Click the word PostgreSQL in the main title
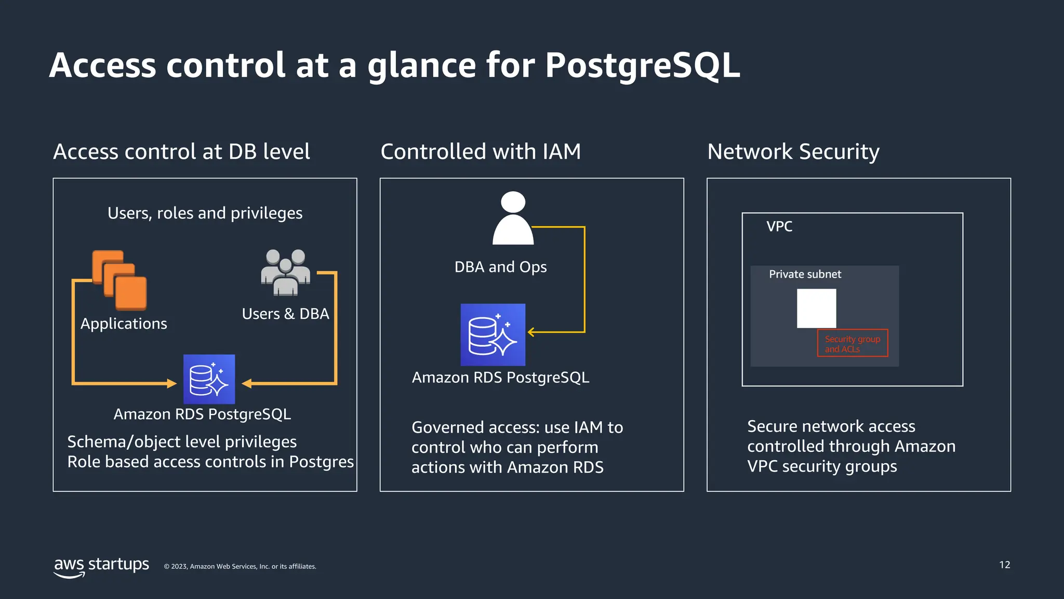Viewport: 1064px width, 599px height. tap(642, 66)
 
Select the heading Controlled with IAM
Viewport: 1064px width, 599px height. tap(481, 152)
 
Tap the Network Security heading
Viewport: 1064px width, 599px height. tap(793, 152)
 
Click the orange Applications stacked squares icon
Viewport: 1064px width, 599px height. tap(119, 280)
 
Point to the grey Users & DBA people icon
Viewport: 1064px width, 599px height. tap(285, 272)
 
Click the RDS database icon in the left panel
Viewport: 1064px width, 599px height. tap(209, 379)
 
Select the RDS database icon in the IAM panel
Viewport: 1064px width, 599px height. tap(493, 334)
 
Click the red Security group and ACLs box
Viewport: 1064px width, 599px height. tap(852, 343)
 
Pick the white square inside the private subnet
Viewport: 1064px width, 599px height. tap(816, 308)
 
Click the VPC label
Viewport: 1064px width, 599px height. tap(779, 227)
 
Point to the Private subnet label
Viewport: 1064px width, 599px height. tap(805, 274)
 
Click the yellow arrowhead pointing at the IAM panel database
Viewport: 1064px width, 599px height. tap(531, 332)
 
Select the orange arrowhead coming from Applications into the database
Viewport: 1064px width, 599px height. tap(171, 384)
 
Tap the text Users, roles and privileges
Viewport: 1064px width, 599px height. tap(205, 213)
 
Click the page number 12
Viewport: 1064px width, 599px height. tap(1004, 565)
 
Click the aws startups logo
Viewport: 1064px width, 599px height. tap(101, 566)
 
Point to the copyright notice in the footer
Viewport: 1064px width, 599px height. tap(240, 567)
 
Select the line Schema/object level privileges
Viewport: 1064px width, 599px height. tap(182, 442)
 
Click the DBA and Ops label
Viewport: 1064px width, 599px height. tap(500, 267)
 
